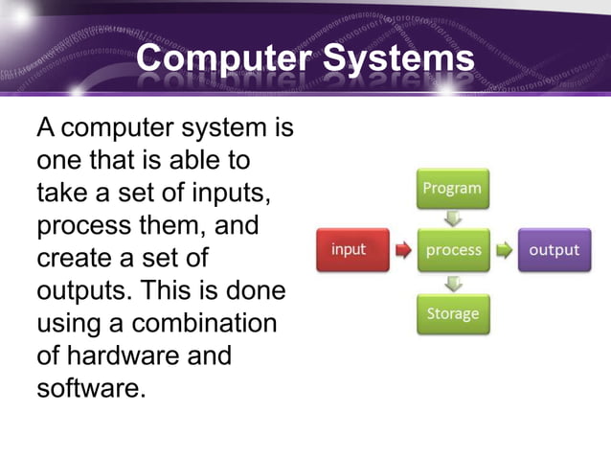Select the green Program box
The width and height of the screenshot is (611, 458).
click(453, 189)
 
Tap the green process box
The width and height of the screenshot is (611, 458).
click(453, 250)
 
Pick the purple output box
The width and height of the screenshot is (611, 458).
click(554, 250)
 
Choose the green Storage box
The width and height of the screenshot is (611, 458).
click(453, 313)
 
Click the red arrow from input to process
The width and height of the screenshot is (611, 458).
click(404, 251)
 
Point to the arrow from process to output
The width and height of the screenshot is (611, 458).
click(503, 251)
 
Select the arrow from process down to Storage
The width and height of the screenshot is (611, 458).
click(453, 282)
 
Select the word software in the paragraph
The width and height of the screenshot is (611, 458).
click(89, 390)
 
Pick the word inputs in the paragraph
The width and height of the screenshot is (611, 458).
click(228, 194)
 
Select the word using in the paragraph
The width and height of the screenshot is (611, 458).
click(70, 324)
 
